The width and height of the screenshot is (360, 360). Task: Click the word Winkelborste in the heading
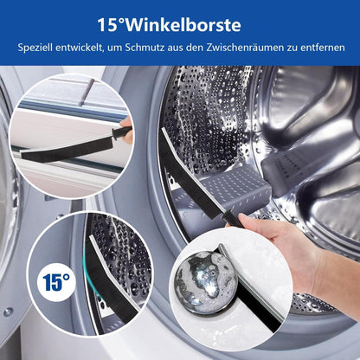[x=183, y=25]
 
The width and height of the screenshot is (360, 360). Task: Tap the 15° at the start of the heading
[x=112, y=25]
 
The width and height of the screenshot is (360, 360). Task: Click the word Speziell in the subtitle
[x=35, y=48]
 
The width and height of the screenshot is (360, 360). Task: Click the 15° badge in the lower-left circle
[x=56, y=282]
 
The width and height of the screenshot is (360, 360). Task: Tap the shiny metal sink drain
[x=206, y=283]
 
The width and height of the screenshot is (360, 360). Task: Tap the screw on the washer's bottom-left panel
[x=8, y=312]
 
